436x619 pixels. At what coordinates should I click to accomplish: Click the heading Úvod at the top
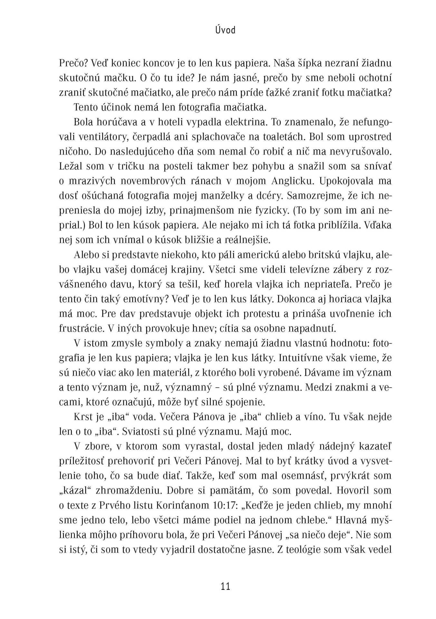[x=225, y=30]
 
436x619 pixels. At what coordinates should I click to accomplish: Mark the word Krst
[x=83, y=417]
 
